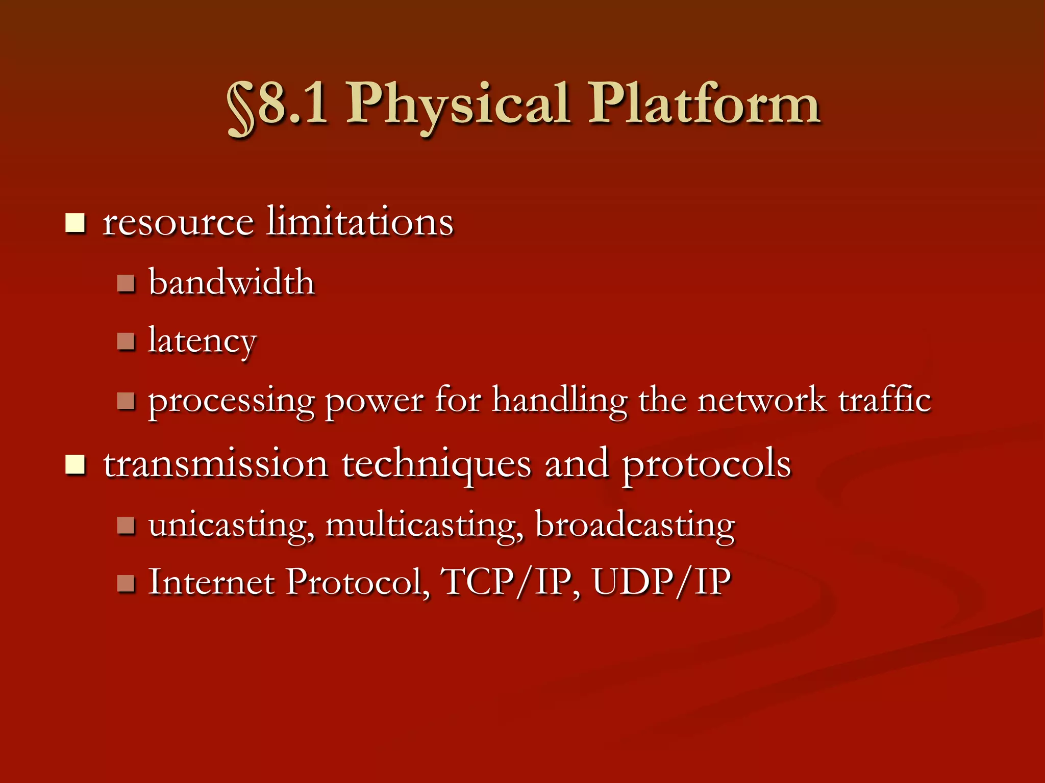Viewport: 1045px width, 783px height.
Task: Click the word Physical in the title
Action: point(458,105)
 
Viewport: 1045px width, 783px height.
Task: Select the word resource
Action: point(178,223)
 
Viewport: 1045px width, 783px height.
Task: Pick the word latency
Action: point(202,342)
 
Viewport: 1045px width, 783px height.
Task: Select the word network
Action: point(761,400)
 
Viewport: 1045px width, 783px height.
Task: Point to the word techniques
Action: point(437,465)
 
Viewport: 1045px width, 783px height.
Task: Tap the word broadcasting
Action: point(635,525)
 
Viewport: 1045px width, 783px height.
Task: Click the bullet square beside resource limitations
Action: point(75,223)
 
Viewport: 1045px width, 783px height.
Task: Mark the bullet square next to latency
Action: point(126,341)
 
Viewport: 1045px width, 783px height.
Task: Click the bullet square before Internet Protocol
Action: point(126,583)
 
